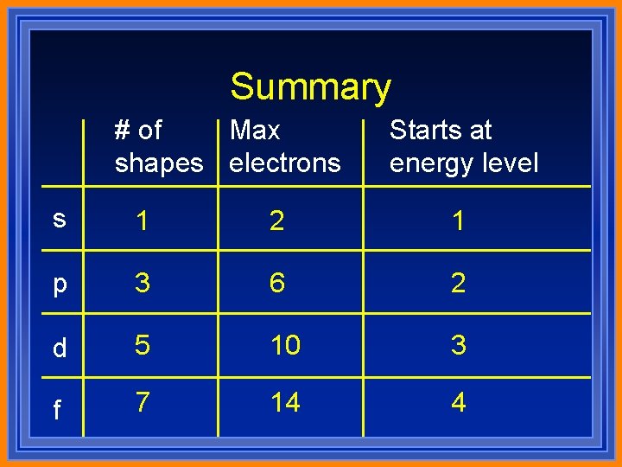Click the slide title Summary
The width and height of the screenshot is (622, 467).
310,87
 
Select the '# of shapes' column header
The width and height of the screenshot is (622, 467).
159,146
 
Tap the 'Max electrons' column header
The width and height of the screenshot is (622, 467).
285,146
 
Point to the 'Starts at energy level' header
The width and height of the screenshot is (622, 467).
464,146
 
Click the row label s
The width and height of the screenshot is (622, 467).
59,219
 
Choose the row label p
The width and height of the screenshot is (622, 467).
59,285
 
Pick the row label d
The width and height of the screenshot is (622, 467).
59,347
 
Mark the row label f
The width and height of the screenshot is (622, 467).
58,408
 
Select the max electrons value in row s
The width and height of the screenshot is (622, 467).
276,221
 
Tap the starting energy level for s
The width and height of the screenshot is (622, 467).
458,221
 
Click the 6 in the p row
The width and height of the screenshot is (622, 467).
276,283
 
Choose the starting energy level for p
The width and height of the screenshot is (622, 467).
458,283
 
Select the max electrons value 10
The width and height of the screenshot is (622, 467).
285,345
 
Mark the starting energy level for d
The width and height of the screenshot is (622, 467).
458,345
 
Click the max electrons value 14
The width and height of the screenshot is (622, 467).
285,402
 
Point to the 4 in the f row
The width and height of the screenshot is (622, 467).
458,402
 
